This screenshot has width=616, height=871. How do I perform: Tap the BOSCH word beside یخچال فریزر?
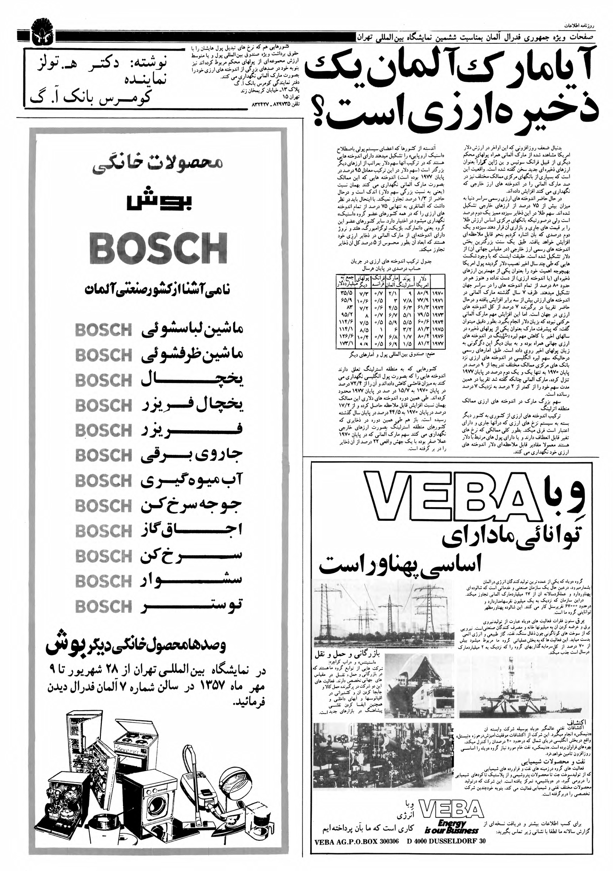click(103, 405)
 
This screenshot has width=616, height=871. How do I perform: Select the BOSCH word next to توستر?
click(103, 606)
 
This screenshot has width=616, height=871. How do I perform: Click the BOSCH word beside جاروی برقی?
click(103, 455)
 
